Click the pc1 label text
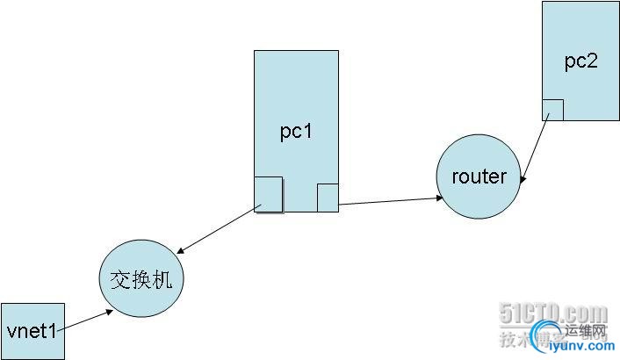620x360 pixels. click(x=296, y=132)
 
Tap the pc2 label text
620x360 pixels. click(x=580, y=61)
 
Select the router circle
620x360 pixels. click(x=479, y=176)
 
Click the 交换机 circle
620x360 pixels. click(x=142, y=280)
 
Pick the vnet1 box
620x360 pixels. click(x=32, y=331)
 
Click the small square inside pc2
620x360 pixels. click(x=552, y=110)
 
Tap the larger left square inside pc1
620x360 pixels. click(x=269, y=194)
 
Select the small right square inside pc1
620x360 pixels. click(x=328, y=198)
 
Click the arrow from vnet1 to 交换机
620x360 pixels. click(x=86, y=320)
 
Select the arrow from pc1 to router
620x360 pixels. click(x=391, y=201)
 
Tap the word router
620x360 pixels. click(x=479, y=176)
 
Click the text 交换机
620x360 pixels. click(x=142, y=280)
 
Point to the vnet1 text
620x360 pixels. click(x=32, y=331)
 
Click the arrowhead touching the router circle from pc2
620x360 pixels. click(x=523, y=180)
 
